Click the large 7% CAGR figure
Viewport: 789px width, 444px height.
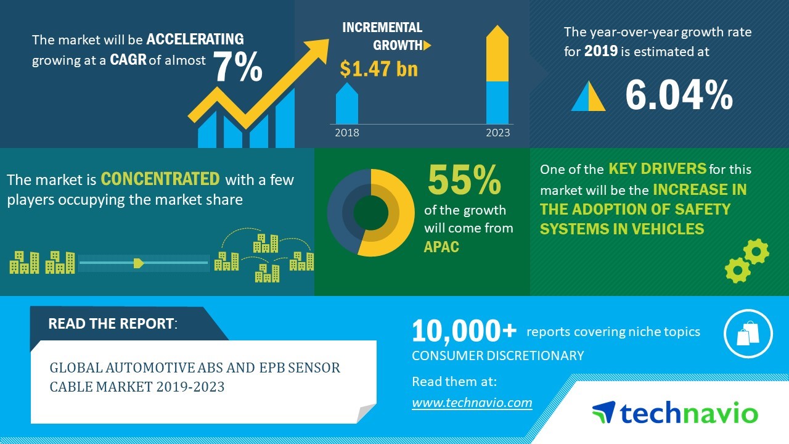[238, 67]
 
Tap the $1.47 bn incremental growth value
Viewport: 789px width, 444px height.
[378, 68]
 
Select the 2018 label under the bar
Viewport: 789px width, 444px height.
[347, 133]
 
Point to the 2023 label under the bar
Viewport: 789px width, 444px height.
[497, 133]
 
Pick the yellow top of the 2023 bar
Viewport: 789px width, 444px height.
[497, 53]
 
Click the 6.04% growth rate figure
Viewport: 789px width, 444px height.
[679, 94]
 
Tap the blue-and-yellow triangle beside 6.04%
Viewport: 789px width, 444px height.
[588, 96]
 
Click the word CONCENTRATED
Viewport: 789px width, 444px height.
[160, 179]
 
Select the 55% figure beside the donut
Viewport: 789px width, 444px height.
[464, 179]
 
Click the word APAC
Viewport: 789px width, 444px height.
[441, 247]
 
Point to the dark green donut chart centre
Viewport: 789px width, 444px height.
[370, 213]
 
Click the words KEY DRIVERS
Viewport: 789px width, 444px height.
[658, 168]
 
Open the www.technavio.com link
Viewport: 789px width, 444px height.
[472, 403]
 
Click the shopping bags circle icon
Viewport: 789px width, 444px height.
[748, 334]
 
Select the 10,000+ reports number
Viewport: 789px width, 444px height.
[464, 331]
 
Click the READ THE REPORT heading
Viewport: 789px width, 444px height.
[112, 324]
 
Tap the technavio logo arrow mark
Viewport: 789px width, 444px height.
[603, 411]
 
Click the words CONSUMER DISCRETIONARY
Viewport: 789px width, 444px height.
[497, 356]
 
